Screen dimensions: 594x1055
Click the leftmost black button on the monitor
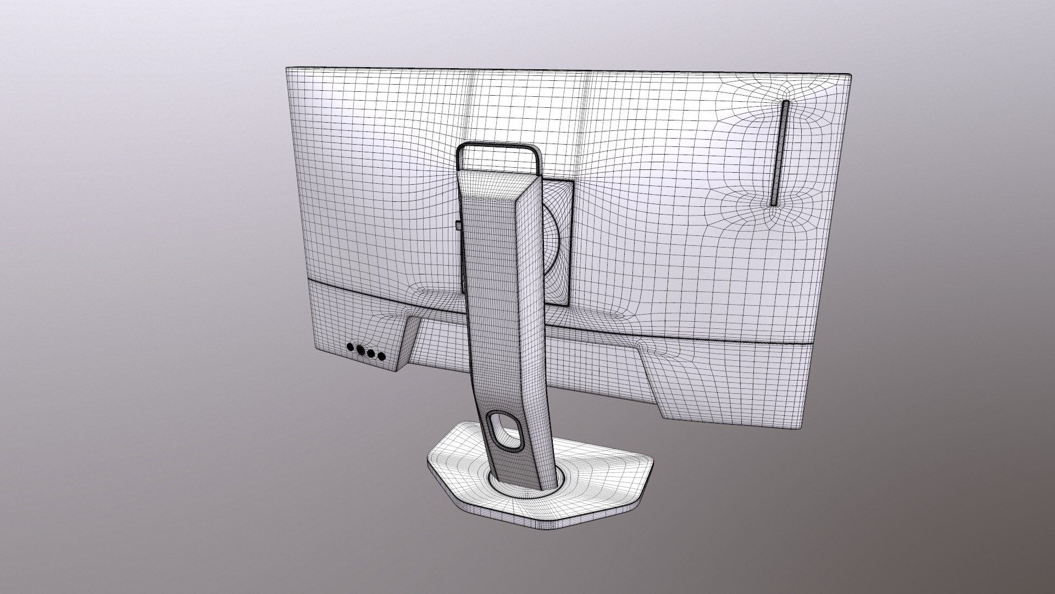(x=350, y=347)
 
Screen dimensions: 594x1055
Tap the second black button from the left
(x=360, y=349)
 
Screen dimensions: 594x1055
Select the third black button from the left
(x=371, y=353)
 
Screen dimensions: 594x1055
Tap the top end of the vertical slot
(x=786, y=103)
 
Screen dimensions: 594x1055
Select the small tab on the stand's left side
(x=458, y=226)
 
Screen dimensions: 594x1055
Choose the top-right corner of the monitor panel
(x=851, y=74)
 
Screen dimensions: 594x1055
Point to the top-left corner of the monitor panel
(x=287, y=69)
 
